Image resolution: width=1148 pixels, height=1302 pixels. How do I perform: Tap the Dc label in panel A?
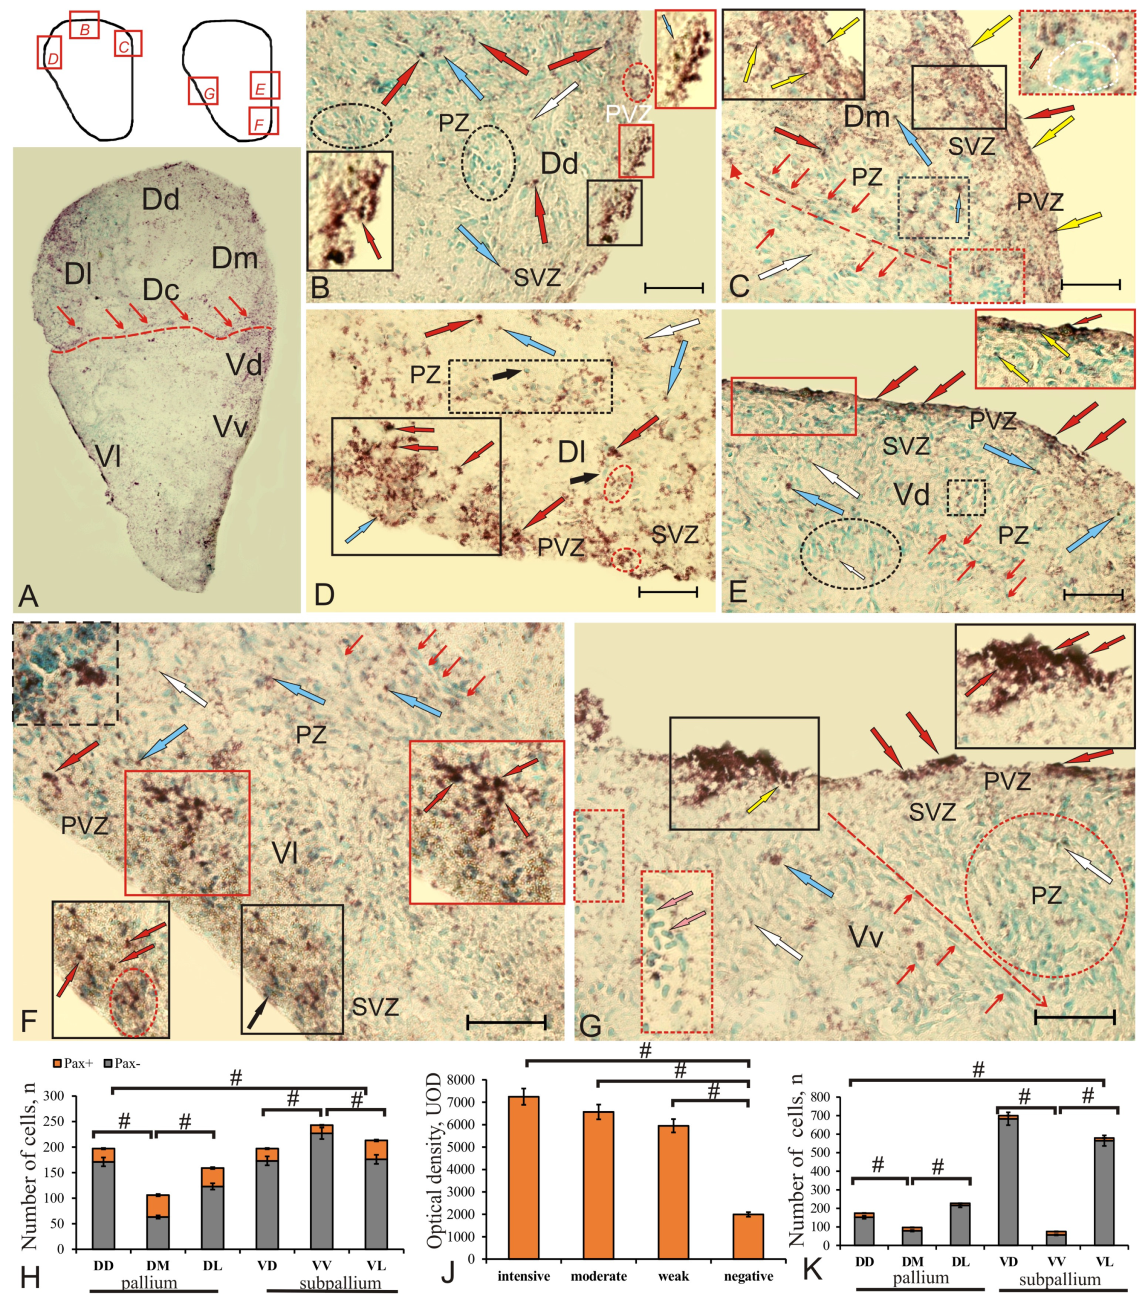161,290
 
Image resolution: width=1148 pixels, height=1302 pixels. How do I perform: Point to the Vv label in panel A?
230,427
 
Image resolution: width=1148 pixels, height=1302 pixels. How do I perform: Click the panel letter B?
320,287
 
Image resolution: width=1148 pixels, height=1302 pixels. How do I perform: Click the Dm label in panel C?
866,116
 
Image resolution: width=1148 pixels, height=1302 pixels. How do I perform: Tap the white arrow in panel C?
785,266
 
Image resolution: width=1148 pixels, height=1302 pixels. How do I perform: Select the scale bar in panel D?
668,592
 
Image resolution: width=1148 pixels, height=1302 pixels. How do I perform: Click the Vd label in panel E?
913,494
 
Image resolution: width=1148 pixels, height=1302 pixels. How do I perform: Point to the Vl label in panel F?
284,853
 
